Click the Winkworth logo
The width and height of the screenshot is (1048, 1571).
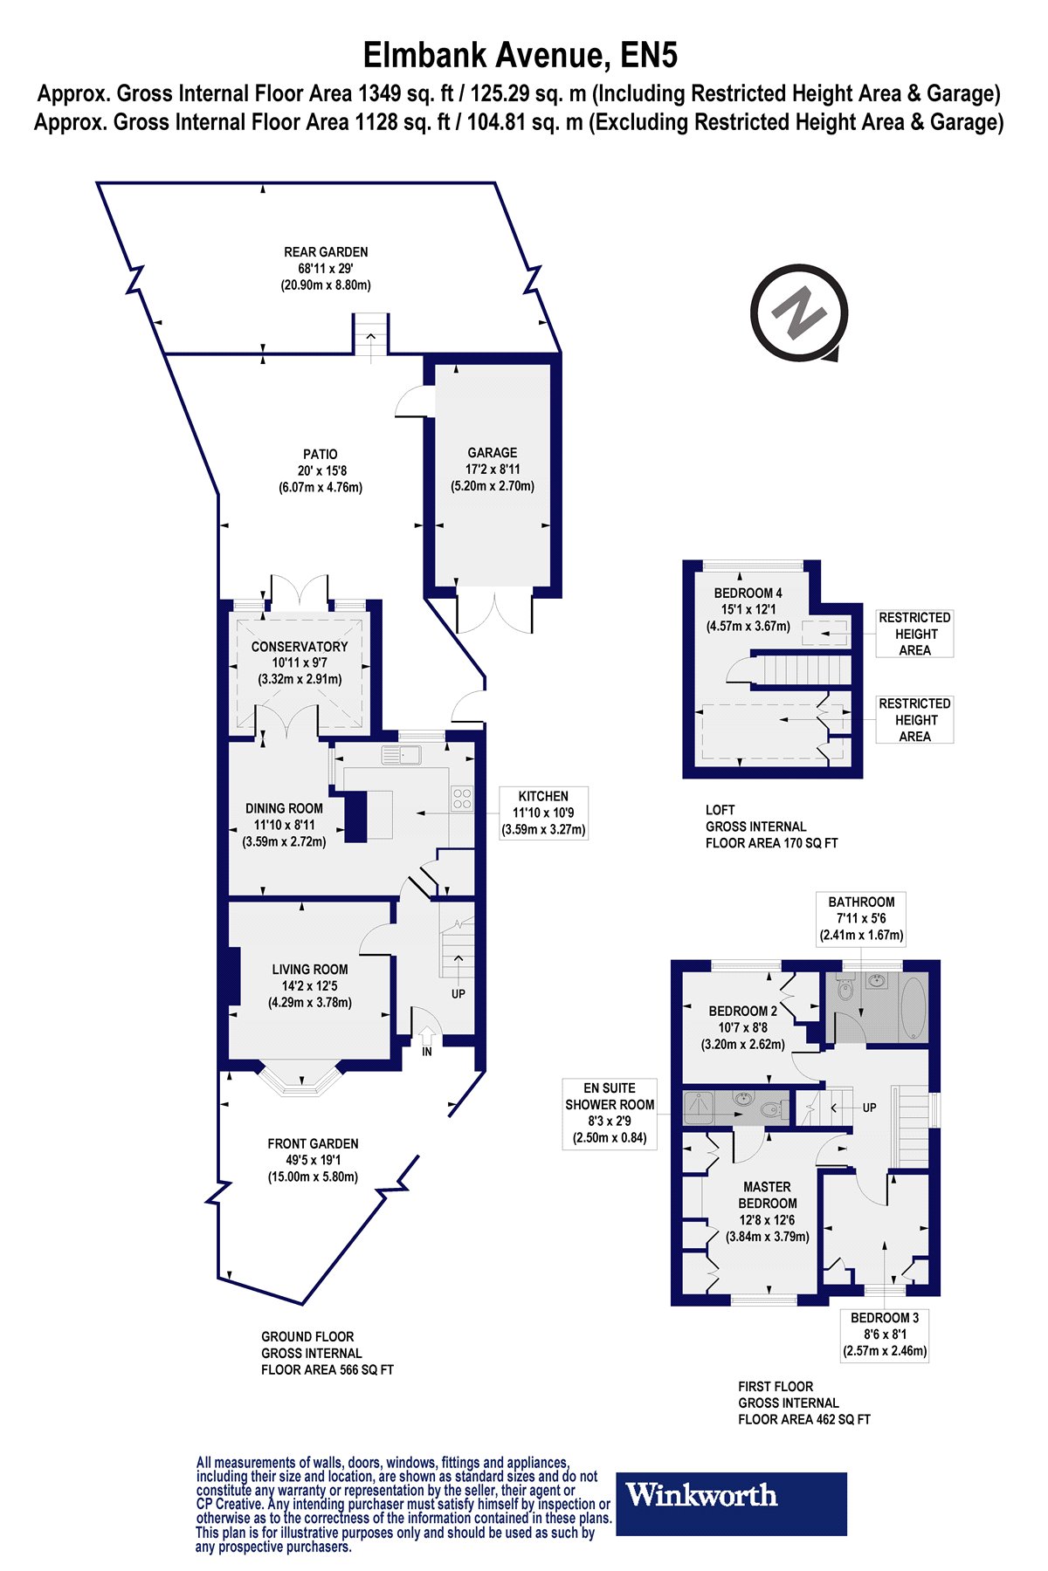coord(731,1504)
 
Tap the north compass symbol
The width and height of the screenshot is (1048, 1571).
coord(798,312)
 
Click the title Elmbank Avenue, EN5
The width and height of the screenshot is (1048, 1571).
coord(521,56)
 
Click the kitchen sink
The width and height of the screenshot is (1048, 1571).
coord(402,755)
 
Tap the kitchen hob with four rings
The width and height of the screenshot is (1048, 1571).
coord(462,799)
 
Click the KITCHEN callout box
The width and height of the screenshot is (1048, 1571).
coord(543,813)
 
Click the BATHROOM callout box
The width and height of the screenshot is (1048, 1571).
coord(862,918)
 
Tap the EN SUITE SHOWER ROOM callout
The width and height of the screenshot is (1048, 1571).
coord(610,1113)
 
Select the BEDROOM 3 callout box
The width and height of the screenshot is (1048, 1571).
coord(885,1334)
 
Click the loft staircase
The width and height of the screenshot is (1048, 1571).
coord(801,671)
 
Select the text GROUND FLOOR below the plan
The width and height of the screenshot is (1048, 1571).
coord(307,1336)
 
